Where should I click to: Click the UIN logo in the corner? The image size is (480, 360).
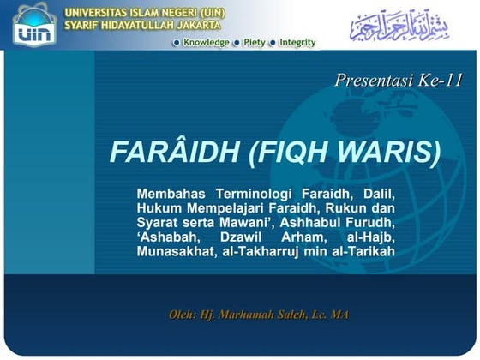point(33,24)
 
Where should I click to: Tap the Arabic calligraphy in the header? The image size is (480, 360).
point(399,25)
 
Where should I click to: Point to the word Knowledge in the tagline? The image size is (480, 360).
point(206,42)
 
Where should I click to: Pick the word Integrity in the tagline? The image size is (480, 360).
point(297,42)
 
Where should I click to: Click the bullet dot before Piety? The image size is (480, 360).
point(238,43)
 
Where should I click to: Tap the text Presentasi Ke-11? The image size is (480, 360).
point(399,81)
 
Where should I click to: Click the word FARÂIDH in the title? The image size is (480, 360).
point(171,153)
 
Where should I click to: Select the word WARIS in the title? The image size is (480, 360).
point(398,153)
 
